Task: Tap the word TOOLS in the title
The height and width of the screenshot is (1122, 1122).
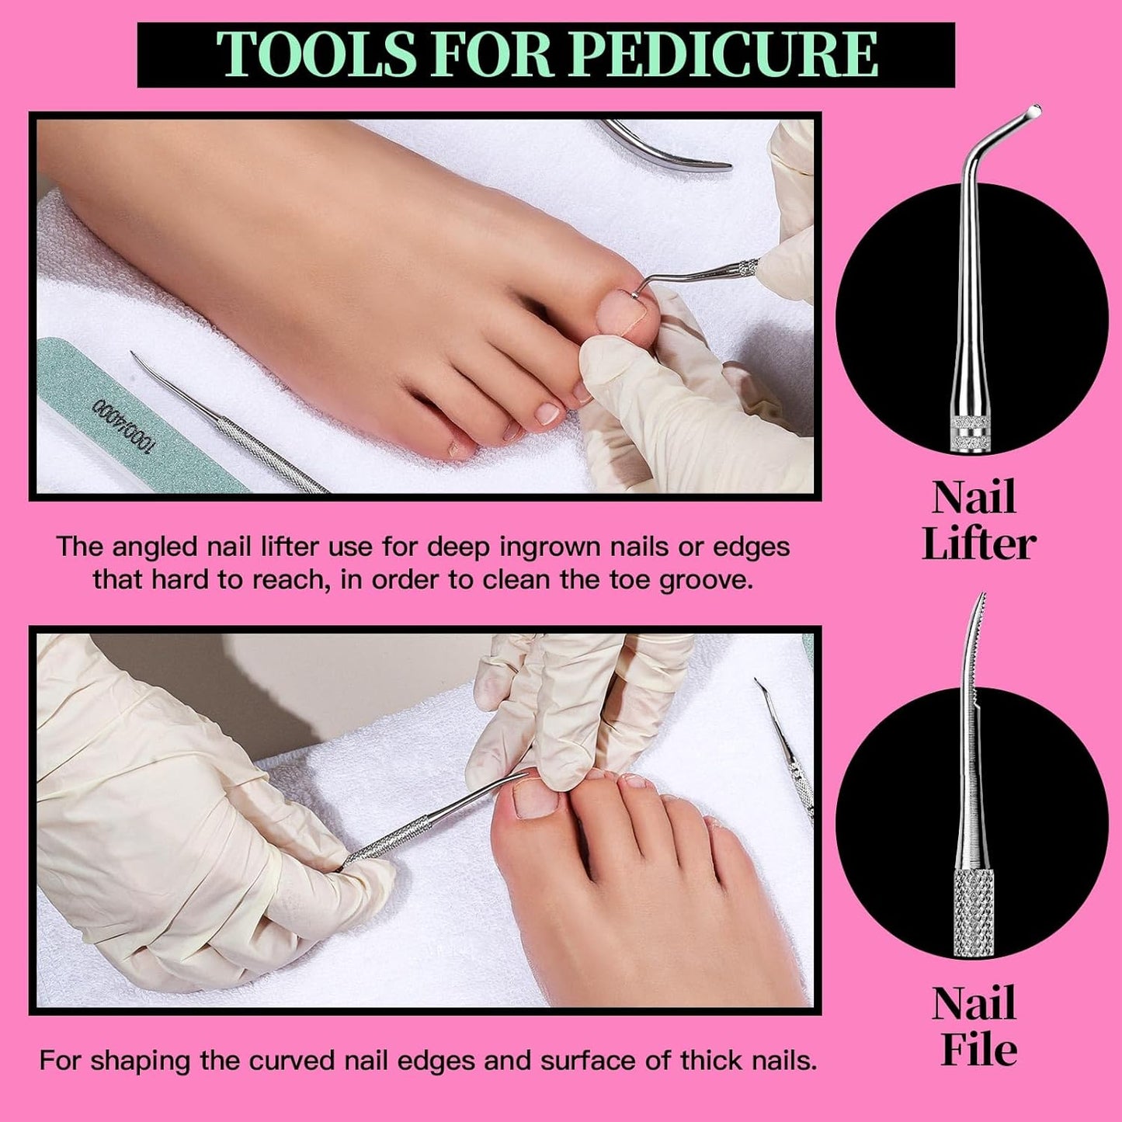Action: pos(317,54)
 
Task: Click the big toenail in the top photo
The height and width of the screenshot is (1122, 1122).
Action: pos(621,311)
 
